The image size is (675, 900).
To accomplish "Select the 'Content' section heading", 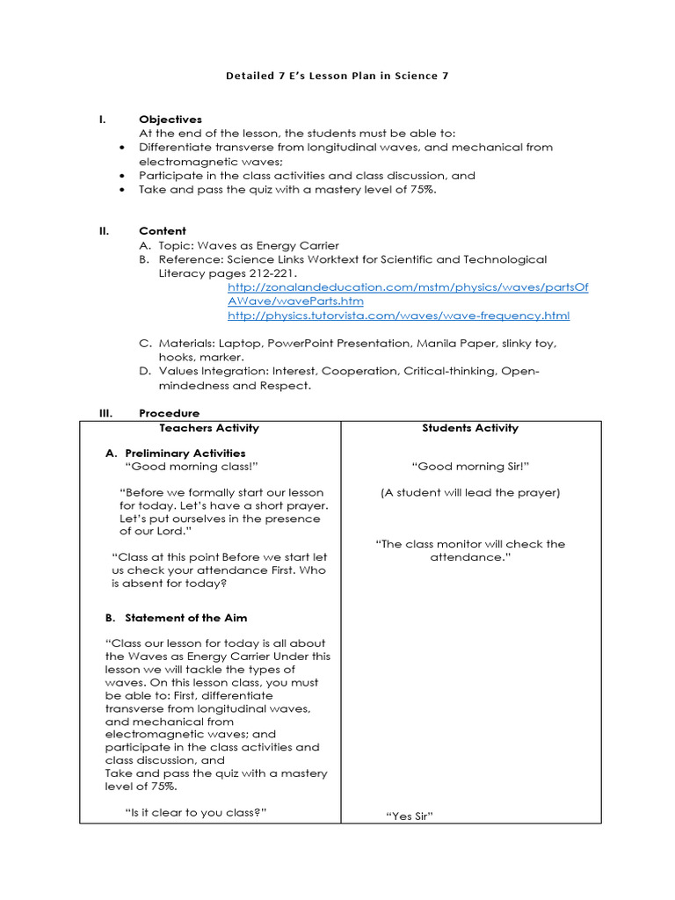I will (163, 231).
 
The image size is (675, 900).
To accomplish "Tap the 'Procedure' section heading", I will (169, 413).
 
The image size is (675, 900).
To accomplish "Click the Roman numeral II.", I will (104, 231).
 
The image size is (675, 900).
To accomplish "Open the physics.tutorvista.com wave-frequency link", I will (398, 316).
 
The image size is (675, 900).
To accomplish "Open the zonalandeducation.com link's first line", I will (408, 287).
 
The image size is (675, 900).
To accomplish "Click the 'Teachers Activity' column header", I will (209, 428).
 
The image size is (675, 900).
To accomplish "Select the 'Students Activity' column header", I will (470, 428).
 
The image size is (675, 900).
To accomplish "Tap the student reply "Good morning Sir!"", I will (470, 467).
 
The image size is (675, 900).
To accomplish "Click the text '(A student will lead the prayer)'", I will (470, 492).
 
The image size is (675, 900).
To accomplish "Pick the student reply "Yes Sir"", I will (410, 817).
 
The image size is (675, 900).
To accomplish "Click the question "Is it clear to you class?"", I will (196, 813).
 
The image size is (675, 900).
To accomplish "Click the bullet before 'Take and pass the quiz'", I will (120, 190).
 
